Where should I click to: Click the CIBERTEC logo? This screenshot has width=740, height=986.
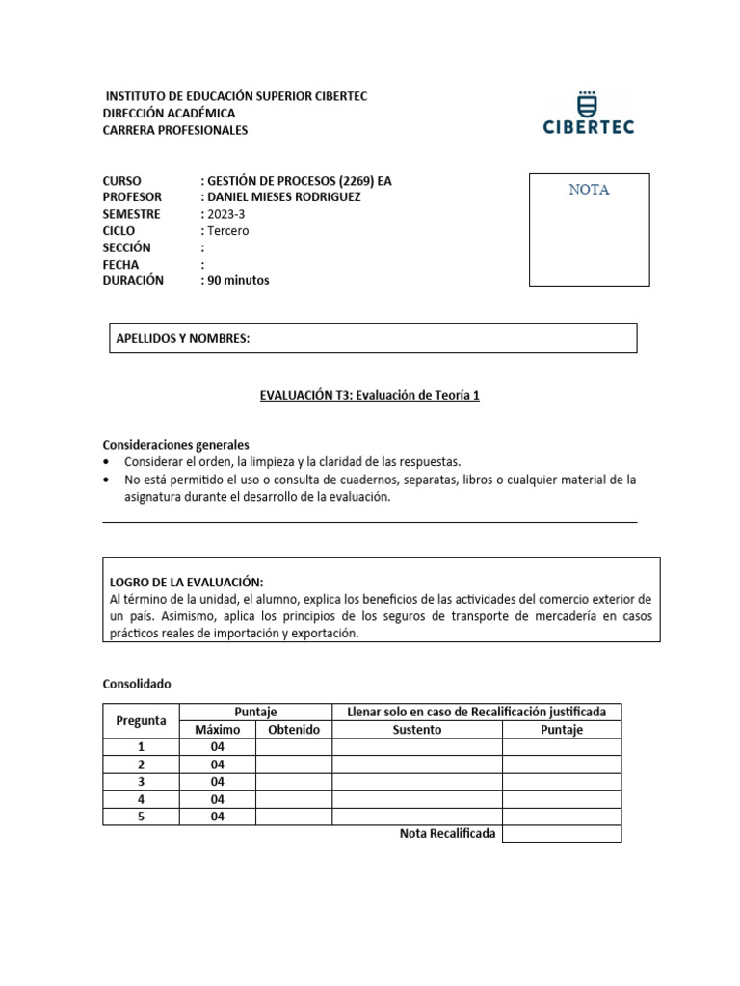click(589, 113)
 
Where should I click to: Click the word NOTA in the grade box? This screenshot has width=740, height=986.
click(589, 190)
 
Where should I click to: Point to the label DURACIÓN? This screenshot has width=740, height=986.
click(133, 281)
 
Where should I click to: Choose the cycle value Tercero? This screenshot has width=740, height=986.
click(226, 231)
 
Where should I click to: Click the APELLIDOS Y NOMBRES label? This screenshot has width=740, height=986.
click(183, 338)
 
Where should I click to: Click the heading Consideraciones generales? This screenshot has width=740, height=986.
click(175, 445)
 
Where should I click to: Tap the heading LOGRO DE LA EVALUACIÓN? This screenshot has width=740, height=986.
click(187, 582)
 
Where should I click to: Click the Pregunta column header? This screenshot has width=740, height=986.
click(141, 720)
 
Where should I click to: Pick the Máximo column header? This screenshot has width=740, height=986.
click(217, 730)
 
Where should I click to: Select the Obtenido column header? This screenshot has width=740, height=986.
click(294, 730)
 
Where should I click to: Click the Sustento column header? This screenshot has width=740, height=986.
click(416, 730)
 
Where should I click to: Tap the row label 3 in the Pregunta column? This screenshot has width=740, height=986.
click(141, 782)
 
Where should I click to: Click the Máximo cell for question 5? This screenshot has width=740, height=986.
click(217, 817)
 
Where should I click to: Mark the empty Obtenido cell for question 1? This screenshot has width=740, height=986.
click(294, 747)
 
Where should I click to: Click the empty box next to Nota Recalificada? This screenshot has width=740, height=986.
click(562, 834)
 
